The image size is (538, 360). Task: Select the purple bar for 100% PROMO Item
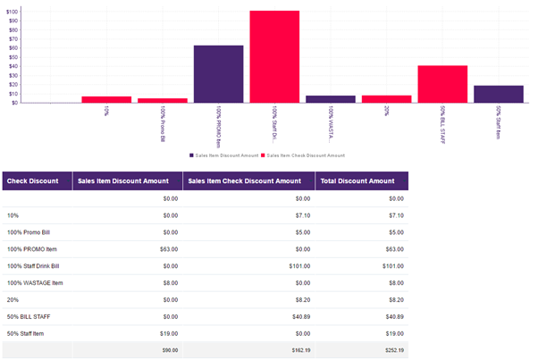[218, 74]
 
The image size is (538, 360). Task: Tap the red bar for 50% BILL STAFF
[442, 84]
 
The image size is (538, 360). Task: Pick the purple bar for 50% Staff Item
[498, 94]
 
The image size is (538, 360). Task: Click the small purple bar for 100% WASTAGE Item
[331, 99]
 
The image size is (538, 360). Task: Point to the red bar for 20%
[386, 99]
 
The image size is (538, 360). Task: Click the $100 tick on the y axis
[13, 11]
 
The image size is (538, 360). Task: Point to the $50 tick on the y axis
[13, 57]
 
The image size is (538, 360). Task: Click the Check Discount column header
[37, 181]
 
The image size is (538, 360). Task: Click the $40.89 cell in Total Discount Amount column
[392, 316]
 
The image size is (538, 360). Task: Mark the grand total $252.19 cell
[392, 350]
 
